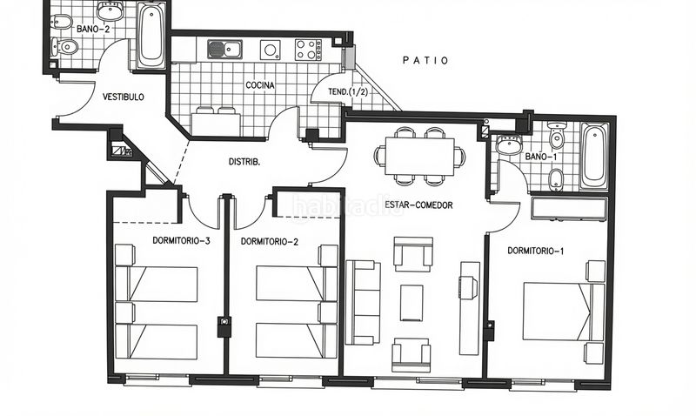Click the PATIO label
click(x=425, y=60)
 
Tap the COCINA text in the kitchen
click(x=260, y=84)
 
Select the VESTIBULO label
click(x=124, y=97)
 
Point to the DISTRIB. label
click(x=244, y=162)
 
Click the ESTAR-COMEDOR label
click(x=418, y=205)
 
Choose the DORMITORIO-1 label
click(x=535, y=251)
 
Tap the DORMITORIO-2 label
click(x=270, y=242)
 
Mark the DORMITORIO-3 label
click(x=181, y=241)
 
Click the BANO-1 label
click(x=540, y=157)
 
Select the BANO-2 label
click(x=93, y=29)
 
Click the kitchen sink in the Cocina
click(x=224, y=50)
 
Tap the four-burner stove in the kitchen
click(x=309, y=50)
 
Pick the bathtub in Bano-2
click(x=151, y=36)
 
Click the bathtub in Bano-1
click(x=594, y=157)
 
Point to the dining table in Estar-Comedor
click(x=419, y=157)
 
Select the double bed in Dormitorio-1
click(x=563, y=312)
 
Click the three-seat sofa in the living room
click(x=363, y=303)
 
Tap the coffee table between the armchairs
click(x=412, y=303)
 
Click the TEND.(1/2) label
click(x=348, y=92)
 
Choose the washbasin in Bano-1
click(x=509, y=144)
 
